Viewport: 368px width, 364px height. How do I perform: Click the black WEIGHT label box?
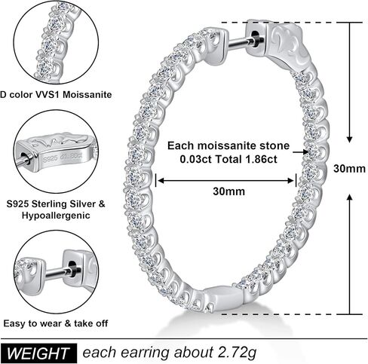(x=38, y=353)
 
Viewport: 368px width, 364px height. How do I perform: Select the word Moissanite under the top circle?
(x=87, y=95)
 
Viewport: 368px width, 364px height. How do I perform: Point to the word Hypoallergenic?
(x=56, y=216)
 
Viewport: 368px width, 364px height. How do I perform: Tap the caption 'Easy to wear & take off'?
(x=56, y=323)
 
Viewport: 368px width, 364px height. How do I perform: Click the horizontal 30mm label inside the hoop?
(x=228, y=191)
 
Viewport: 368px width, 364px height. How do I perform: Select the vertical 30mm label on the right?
(x=349, y=169)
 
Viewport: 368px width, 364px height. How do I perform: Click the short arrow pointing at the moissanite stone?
(x=300, y=152)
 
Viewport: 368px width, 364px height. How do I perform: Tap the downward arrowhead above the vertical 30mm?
(x=349, y=139)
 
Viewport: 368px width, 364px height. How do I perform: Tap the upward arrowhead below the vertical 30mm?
(x=349, y=197)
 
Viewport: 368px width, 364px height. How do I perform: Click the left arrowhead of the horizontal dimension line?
(x=161, y=181)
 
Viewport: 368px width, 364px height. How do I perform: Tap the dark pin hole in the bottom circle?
(x=72, y=269)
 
